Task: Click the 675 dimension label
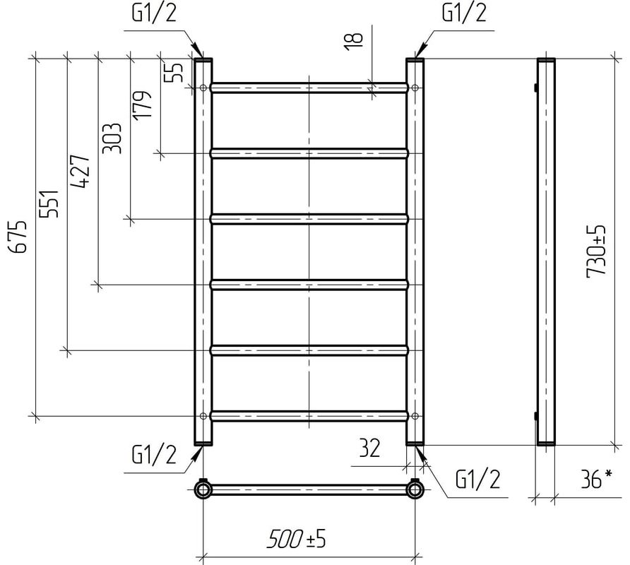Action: [x=18, y=237]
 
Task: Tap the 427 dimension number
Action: [x=80, y=171]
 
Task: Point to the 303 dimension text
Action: [x=112, y=138]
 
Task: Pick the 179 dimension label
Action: [x=143, y=105]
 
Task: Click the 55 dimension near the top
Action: [x=175, y=72]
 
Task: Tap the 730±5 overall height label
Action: [x=595, y=251]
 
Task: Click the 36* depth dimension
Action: [x=597, y=479]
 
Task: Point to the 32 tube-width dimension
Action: [x=369, y=448]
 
